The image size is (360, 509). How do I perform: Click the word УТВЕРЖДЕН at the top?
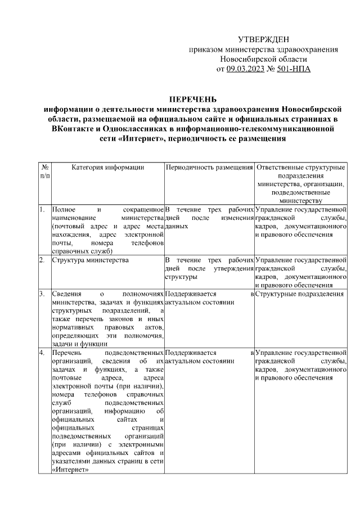tap(263, 39)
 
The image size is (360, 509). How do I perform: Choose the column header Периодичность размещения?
tap(209, 168)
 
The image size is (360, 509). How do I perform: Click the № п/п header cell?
tap(44, 172)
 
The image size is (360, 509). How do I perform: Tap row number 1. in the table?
tap(42, 210)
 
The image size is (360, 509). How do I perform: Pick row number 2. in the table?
tap(42, 260)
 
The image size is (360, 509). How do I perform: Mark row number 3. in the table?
tap(42, 294)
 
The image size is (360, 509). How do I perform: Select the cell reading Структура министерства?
tap(90, 260)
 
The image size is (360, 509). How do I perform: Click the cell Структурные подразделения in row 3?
tap(299, 294)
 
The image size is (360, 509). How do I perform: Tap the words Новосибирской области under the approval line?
tap(263, 59)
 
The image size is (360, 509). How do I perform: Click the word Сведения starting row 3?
tap(66, 294)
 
